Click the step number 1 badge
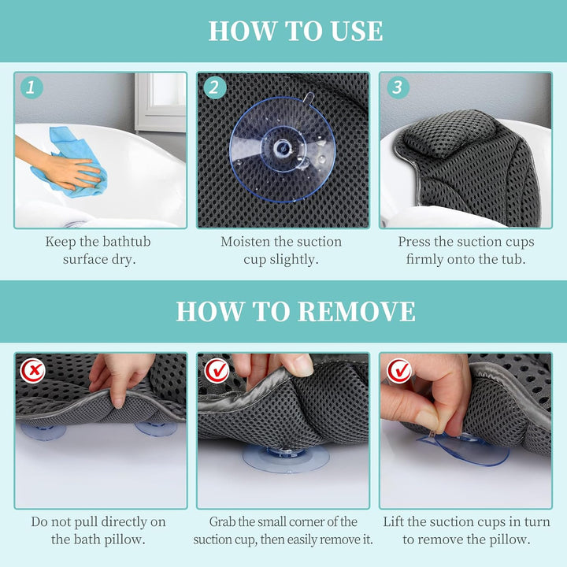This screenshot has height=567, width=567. point(31,87)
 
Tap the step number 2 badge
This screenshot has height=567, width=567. point(215,87)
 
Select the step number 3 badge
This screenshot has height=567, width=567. point(398,87)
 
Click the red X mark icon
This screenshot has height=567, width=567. point(33,370)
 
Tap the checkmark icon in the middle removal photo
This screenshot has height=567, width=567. point(217,370)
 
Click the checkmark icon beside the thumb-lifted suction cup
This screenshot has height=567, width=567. point(399,370)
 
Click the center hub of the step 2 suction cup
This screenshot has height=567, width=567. point(281,148)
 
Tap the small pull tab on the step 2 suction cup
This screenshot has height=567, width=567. point(309,98)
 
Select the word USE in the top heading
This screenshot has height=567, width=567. point(351,31)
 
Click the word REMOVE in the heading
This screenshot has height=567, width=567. point(357,312)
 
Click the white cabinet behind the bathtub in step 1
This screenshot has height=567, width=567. point(160,102)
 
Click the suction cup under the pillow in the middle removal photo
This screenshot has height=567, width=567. point(286,458)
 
